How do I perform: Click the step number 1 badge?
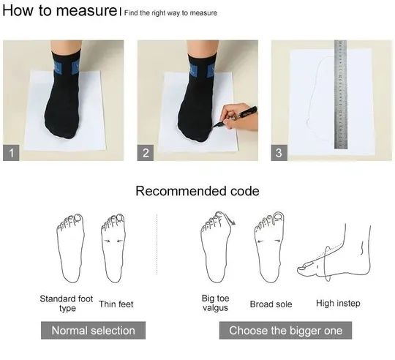pos(11,153)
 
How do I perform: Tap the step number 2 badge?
pos(146,153)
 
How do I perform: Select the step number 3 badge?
pos(279,153)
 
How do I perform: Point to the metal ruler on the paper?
pos(341,94)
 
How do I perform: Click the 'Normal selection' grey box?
pos(93,330)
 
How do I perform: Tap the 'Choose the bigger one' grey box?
pos(285,330)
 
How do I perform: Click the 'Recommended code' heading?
pos(197,191)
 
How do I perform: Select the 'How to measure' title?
pos(59,10)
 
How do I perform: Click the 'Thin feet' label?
pos(116,304)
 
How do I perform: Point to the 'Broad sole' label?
pos(271,304)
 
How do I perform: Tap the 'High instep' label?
pos(338,304)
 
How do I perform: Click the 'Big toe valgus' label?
pos(215,303)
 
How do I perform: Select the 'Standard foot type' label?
pos(67,304)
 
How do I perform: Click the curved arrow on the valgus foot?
pos(229,217)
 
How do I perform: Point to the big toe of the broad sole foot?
pos(279,218)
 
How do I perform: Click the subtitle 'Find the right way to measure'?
pos(170,13)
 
